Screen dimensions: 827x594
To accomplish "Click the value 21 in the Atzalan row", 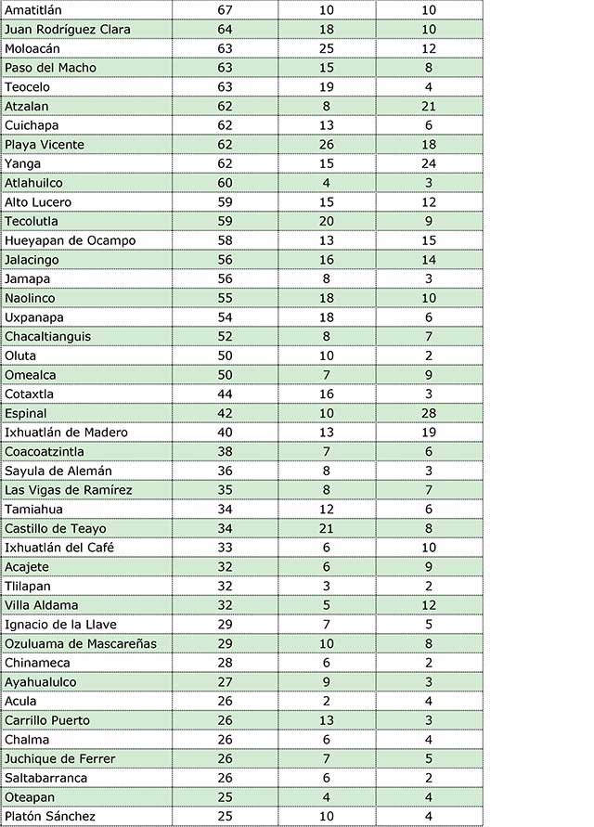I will (x=429, y=106).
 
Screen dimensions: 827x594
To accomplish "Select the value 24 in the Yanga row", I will (x=429, y=163).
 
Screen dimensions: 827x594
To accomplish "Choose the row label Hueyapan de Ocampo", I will (x=71, y=240).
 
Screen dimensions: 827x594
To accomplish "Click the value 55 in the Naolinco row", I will (x=225, y=298).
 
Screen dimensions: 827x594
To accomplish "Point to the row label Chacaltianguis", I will (x=48, y=336).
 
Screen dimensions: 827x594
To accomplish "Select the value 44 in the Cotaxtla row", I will (x=225, y=394).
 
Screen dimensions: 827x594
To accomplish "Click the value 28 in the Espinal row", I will (x=429, y=413).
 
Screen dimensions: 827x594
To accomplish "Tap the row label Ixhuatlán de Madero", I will (x=66, y=433).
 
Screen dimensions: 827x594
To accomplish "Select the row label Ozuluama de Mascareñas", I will (x=81, y=643).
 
